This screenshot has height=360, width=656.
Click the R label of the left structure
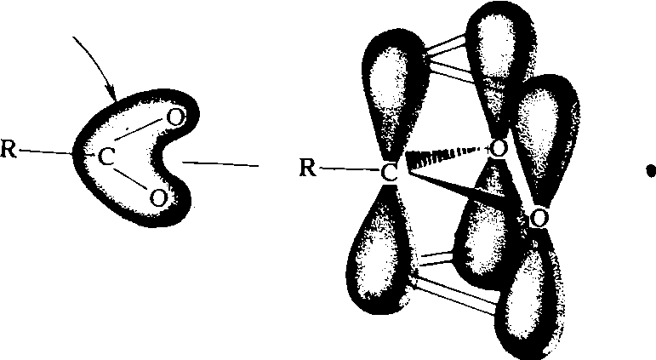tap(9, 150)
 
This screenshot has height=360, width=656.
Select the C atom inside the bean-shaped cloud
tap(106, 157)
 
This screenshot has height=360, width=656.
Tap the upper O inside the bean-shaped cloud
tap(176, 117)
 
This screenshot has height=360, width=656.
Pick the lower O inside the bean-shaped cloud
tap(157, 197)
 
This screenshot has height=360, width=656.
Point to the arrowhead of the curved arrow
tap(111, 94)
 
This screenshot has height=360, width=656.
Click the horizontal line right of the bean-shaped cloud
tap(220, 164)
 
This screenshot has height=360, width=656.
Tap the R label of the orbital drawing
tap(308, 169)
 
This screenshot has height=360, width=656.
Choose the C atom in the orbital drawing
tap(389, 173)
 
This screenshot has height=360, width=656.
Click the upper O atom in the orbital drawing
tap(499, 149)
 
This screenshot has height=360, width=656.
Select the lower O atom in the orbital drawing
tap(539, 218)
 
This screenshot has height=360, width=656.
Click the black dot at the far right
tap(650, 171)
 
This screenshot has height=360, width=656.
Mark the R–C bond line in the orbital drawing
tap(350, 169)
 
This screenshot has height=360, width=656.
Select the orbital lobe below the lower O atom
tap(530, 293)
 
